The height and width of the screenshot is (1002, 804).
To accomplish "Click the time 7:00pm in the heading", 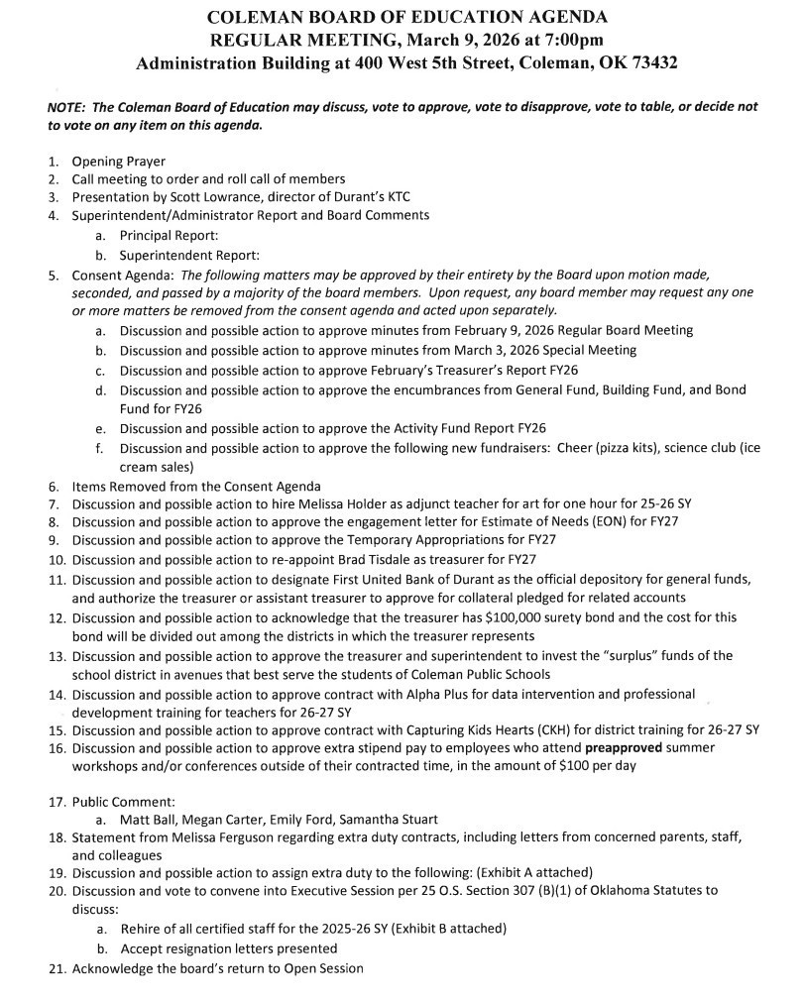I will click(568, 40).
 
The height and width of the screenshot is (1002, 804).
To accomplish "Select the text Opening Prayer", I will click(118, 162).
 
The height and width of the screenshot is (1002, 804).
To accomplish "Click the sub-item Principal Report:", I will click(168, 235).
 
